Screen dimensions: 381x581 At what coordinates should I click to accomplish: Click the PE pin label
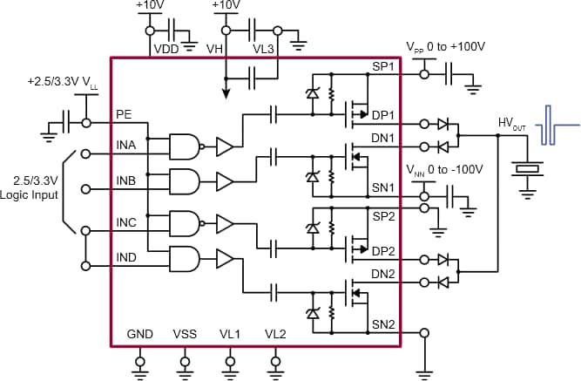(x=123, y=113)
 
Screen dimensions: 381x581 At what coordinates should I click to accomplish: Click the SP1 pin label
(x=383, y=66)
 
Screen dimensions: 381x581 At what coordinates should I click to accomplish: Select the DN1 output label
(x=383, y=137)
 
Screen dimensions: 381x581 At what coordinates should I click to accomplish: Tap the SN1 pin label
(x=383, y=188)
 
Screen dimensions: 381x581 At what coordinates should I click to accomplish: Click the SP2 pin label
(x=383, y=214)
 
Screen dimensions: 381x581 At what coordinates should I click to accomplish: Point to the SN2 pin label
(x=383, y=324)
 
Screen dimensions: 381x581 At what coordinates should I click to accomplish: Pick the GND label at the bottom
(x=139, y=335)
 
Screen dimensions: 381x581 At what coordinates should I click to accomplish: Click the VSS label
(x=185, y=335)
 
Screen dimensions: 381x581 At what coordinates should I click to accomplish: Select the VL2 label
(x=275, y=335)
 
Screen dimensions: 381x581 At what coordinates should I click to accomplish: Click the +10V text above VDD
(x=150, y=6)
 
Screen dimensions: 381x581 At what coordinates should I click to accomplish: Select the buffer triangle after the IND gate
(x=225, y=260)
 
